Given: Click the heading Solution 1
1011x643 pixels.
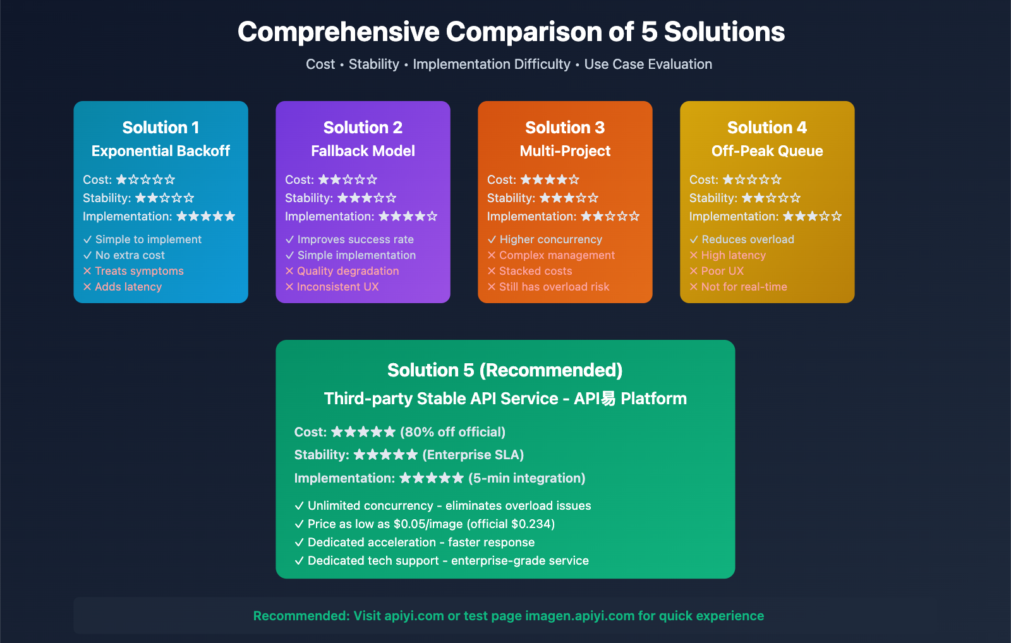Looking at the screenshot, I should pos(160,128).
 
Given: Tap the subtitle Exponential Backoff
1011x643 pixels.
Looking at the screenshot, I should pos(160,151).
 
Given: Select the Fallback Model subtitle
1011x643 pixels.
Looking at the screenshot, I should pos(363,151).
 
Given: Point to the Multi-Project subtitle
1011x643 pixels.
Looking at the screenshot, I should pos(565,151).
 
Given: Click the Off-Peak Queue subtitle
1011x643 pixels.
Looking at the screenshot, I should pos(767,151).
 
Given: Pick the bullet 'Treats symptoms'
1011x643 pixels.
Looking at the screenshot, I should pos(139,271).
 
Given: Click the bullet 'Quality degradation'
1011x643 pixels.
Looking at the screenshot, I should pos(348,271).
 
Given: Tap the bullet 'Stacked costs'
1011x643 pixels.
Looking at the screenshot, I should pos(535,271).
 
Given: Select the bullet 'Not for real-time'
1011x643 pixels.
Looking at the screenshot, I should pos(744,287).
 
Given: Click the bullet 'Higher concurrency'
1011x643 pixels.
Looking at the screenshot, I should pos(550,239).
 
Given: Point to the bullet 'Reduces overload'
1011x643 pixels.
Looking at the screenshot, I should pos(748,239).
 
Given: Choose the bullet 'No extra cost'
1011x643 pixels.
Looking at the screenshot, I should pos(130,255).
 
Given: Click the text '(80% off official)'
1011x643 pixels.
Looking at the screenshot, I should pos(452,432).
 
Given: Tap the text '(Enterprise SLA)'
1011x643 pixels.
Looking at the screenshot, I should pos(473,455).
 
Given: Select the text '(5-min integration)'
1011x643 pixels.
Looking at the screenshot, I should pos(526,478).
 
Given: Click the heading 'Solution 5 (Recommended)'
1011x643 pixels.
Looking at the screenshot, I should pos(505,370).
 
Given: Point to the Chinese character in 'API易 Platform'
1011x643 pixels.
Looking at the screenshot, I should pos(608,399).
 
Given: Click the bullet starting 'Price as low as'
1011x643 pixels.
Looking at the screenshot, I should pos(431,524).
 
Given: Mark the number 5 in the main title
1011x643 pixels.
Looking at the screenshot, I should pos(649,32).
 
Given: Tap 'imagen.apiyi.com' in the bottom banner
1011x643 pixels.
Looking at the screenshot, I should pos(579,616).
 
